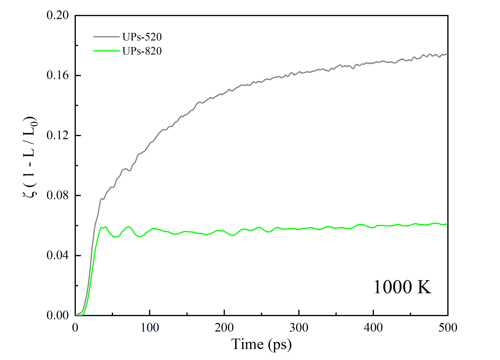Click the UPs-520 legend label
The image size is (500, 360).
pyautogui.click(x=142, y=37)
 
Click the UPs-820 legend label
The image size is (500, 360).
pyautogui.click(x=142, y=51)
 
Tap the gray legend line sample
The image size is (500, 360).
pyautogui.click(x=106, y=37)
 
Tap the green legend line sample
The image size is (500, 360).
pyautogui.click(x=106, y=51)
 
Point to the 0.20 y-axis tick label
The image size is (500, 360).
pyautogui.click(x=57, y=15)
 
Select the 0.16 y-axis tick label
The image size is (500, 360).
pyautogui.click(x=57, y=75)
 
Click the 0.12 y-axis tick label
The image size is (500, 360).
pyautogui.click(x=57, y=135)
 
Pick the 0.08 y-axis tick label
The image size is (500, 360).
pyautogui.click(x=57, y=195)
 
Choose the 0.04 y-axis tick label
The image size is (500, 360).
pyautogui.click(x=57, y=255)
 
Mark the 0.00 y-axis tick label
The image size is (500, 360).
pyautogui.click(x=57, y=315)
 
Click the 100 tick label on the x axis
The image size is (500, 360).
pyautogui.click(x=150, y=328)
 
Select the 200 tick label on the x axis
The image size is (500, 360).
pyautogui.click(x=224, y=328)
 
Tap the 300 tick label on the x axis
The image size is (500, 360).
pyautogui.click(x=299, y=328)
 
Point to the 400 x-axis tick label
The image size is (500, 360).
pyautogui.click(x=373, y=328)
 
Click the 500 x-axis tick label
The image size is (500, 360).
pyautogui.click(x=448, y=328)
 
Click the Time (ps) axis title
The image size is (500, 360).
pyautogui.click(x=261, y=344)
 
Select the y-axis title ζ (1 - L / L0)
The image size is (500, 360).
pyautogui.click(x=30, y=157)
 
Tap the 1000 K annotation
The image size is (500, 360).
pyautogui.click(x=402, y=287)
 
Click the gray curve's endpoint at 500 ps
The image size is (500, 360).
pyautogui.click(x=447, y=54)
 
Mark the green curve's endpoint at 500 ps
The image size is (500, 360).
pyautogui.click(x=447, y=224)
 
